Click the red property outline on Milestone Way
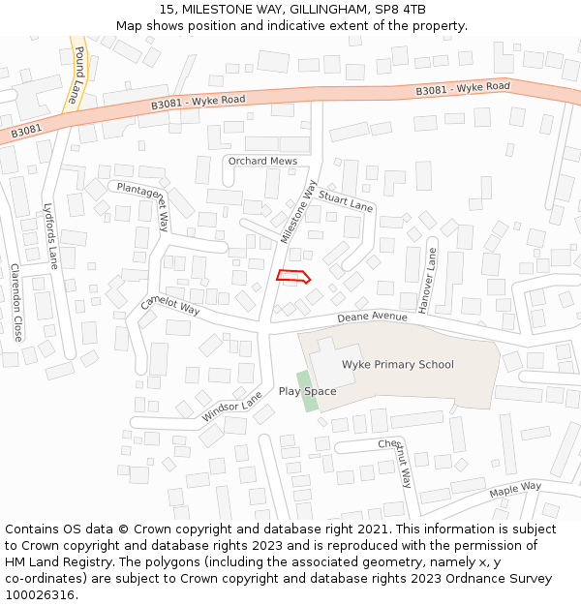(292, 277)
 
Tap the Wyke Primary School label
(397, 365)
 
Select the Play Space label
(307, 391)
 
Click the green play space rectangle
(304, 389)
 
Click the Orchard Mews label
(262, 161)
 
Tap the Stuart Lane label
(346, 201)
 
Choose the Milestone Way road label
(299, 211)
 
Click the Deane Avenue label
(373, 317)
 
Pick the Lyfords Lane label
(49, 235)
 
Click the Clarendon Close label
(16, 302)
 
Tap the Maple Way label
(515, 488)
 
